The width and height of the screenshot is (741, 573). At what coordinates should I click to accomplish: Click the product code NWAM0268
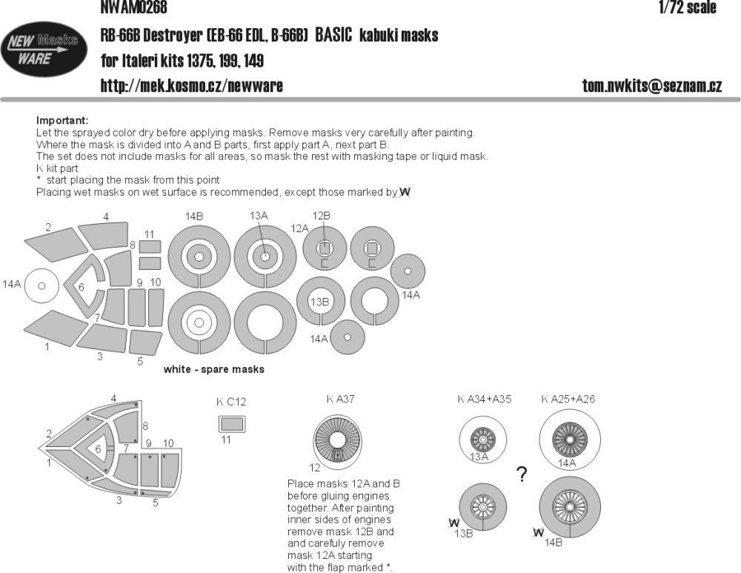133,8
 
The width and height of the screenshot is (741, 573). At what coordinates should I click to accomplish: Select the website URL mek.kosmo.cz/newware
191,86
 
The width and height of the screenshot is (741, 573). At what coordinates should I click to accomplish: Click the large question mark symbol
522,474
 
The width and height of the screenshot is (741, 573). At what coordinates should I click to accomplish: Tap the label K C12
231,402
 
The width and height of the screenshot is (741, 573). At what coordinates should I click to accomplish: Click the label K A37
341,399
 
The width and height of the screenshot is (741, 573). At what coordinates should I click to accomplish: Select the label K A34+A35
484,399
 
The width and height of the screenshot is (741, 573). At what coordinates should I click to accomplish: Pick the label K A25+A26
568,399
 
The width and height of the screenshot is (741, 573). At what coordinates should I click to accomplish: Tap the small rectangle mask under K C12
231,425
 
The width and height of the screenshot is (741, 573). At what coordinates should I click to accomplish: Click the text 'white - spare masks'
213,369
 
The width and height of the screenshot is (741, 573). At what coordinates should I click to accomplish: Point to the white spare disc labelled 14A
42,285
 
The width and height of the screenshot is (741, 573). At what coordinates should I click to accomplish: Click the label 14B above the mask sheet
195,216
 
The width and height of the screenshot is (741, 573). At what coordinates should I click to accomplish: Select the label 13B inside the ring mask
319,302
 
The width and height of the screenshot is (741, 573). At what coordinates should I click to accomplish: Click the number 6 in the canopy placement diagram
98,449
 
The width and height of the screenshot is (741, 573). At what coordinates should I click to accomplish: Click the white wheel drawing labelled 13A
483,440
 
